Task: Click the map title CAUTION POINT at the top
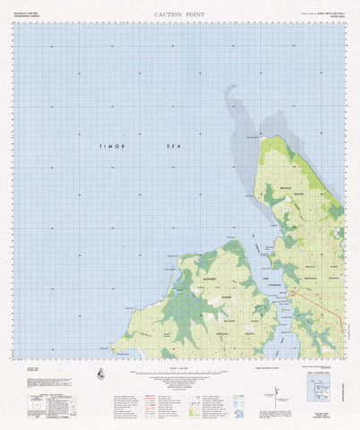[179, 14]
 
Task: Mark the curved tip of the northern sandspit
[229, 87]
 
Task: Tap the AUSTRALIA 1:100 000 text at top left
[30, 10]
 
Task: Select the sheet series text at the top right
[328, 11]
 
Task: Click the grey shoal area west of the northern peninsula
[242, 134]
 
